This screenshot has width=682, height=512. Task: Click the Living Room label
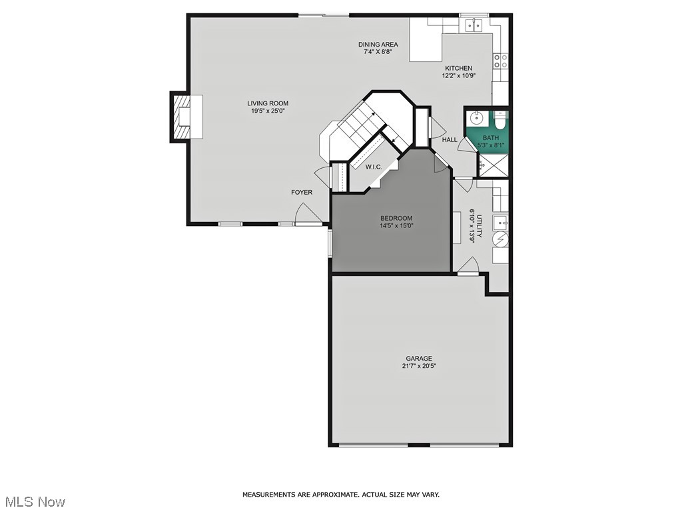click(x=268, y=103)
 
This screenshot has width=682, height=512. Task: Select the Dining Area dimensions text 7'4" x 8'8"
click(x=378, y=52)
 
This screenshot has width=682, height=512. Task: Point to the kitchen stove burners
click(x=501, y=61)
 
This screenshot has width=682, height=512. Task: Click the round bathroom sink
click(x=477, y=119)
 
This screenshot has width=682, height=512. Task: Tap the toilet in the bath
click(x=501, y=121)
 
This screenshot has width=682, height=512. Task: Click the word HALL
click(x=450, y=140)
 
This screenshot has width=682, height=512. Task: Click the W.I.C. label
click(x=373, y=167)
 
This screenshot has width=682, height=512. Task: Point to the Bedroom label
click(x=396, y=219)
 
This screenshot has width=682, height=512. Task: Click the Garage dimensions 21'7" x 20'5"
click(x=419, y=366)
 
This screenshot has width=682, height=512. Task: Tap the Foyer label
click(x=301, y=193)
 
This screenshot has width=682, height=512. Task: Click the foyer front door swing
click(x=306, y=215)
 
